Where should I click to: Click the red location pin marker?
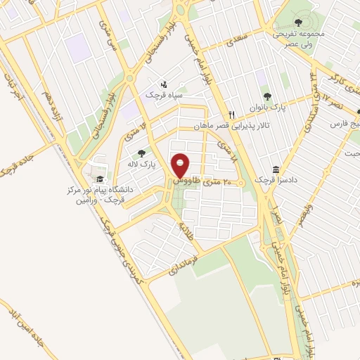click(x=181, y=166)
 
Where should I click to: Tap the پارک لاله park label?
click(x=141, y=163)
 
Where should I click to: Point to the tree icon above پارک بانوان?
click(x=266, y=96)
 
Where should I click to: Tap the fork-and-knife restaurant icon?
click(x=231, y=115)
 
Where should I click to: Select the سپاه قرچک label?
click(x=162, y=94)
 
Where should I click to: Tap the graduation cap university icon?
click(x=99, y=179)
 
